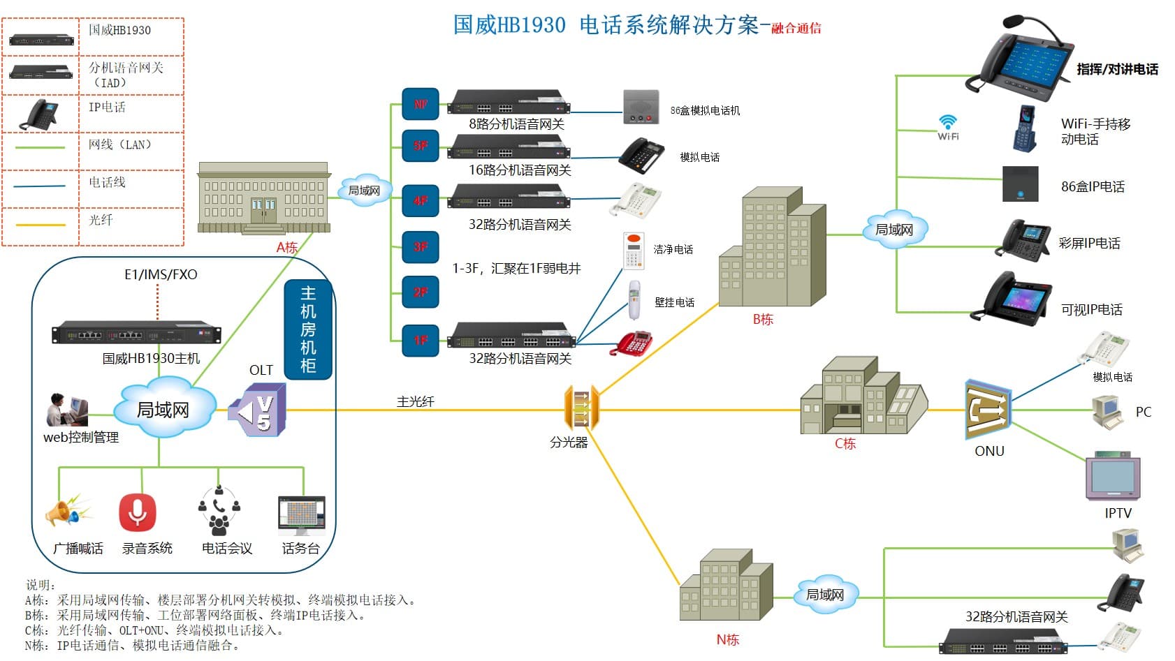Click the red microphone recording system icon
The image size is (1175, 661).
click(137, 513)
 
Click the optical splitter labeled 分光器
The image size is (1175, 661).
click(581, 408)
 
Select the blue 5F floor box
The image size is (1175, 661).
click(421, 146)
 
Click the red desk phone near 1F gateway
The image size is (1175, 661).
click(632, 343)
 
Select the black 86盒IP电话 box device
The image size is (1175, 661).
click(1020, 184)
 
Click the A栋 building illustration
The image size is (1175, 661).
click(263, 198)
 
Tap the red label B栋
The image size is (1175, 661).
click(763, 320)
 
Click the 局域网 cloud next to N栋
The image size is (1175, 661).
click(825, 595)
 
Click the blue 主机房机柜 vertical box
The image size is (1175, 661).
click(308, 329)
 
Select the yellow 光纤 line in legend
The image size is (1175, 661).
click(41, 225)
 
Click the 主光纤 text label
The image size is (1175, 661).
click(416, 401)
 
